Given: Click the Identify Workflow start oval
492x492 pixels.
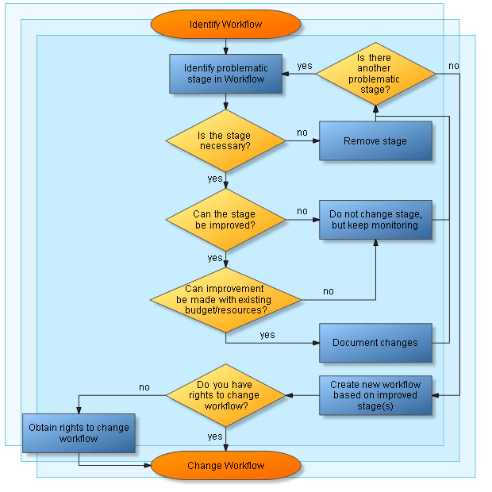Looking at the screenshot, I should pos(225,24).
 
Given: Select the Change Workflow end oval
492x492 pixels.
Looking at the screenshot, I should pos(225,465).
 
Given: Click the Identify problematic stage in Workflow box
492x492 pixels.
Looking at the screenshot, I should pos(225,74).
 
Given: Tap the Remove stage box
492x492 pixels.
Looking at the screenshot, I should pos(375,141).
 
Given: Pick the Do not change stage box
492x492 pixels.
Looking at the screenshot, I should pos(375,220).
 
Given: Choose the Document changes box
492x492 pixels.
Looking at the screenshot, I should pos(375,343).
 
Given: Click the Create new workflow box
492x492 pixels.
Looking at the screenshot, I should pos(375,394).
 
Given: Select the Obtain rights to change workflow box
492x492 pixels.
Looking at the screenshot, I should pos(79,432).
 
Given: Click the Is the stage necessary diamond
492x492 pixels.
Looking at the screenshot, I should pos(225,141).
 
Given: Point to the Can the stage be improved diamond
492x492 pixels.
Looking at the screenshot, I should pos(225,220).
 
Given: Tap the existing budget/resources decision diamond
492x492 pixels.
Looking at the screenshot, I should pos(225,299).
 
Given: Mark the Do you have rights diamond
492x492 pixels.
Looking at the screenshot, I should pos(225,394).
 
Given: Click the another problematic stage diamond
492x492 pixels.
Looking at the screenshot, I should pos(375,74).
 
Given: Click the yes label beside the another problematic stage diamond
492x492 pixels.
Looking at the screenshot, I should pos(305,66).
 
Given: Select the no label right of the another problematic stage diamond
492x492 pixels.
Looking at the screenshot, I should pos(453,66).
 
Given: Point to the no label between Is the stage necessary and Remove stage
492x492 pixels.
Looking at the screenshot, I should pos(302,133).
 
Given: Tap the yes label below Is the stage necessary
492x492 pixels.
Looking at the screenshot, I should pos(215,179).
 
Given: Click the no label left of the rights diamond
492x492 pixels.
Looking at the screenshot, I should pos(144,387).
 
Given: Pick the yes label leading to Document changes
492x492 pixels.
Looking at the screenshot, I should pos(267,335).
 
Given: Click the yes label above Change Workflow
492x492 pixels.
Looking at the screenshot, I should pos(215,436).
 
